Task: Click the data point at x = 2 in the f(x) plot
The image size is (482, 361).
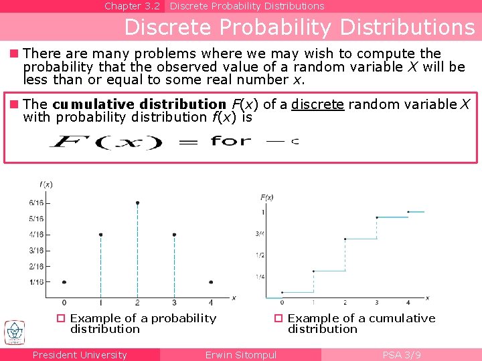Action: pyautogui.click(x=137, y=202)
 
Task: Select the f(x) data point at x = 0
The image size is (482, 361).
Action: pyautogui.click(x=64, y=282)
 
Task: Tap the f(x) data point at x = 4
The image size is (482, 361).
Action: pyautogui.click(x=211, y=282)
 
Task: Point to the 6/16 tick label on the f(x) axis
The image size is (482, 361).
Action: pyautogui.click(x=36, y=203)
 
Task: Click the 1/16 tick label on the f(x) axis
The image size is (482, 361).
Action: pyautogui.click(x=36, y=281)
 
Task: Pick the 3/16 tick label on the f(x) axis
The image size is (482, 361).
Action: pyautogui.click(x=36, y=250)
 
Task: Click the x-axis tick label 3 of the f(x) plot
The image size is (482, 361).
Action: pyautogui.click(x=174, y=303)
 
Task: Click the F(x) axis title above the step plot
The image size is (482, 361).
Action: pyautogui.click(x=266, y=197)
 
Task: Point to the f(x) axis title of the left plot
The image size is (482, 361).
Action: pyautogui.click(x=46, y=184)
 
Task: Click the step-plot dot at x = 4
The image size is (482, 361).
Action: pyautogui.click(x=408, y=212)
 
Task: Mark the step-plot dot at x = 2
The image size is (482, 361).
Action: pyautogui.click(x=345, y=239)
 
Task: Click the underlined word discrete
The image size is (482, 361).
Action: pyautogui.click(x=317, y=104)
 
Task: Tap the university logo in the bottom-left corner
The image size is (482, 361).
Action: pyautogui.click(x=13, y=332)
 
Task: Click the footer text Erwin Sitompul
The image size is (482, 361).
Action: pyautogui.click(x=240, y=355)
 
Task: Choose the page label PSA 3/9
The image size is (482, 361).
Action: pyautogui.click(x=402, y=355)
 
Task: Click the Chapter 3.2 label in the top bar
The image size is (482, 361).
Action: pyautogui.click(x=132, y=6)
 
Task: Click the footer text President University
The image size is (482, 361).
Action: pyautogui.click(x=80, y=355)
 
